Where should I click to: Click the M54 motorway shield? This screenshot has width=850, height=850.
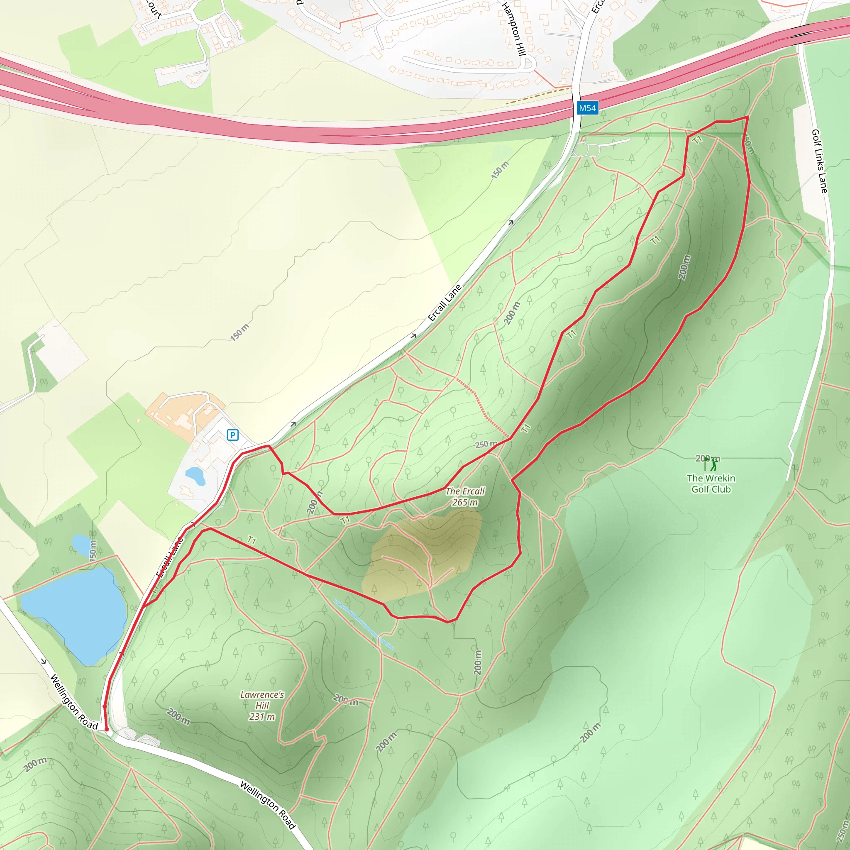pos(587,108)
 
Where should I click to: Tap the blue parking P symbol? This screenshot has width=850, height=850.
pos(232,435)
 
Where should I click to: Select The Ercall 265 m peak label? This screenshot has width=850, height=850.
pos(464,497)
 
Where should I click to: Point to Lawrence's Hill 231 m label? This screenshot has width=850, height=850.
pos(262,705)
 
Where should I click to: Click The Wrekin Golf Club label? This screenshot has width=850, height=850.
pos(711,484)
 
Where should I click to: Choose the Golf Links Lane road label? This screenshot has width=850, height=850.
pos(819,161)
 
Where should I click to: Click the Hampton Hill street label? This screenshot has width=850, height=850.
pos(513,29)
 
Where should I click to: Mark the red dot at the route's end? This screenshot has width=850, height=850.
pos(107,729)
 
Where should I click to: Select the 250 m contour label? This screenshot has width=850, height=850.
pos(486,445)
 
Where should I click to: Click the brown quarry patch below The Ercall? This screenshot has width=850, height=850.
pos(423,557)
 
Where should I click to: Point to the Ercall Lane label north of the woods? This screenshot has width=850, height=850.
pos(445,303)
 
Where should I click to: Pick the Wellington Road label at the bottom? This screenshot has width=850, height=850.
pos(268,805)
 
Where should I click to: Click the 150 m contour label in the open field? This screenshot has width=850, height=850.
pos(240,332)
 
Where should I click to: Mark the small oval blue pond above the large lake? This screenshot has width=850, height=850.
pos(81,545)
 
